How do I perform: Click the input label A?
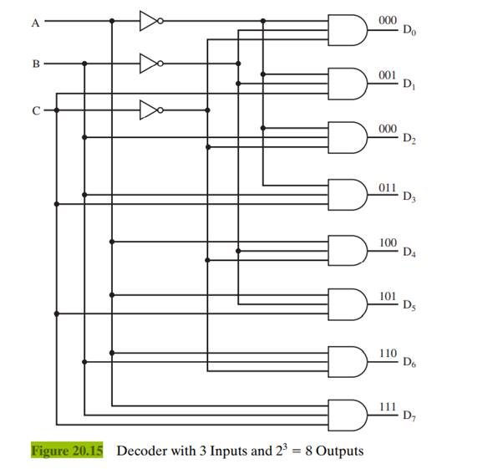[35, 23]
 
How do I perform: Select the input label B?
[36, 64]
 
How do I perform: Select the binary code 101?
[387, 296]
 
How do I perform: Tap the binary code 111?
[387, 406]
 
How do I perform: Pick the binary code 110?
[387, 353]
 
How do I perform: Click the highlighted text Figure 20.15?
[67, 451]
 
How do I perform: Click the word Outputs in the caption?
[338, 451]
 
